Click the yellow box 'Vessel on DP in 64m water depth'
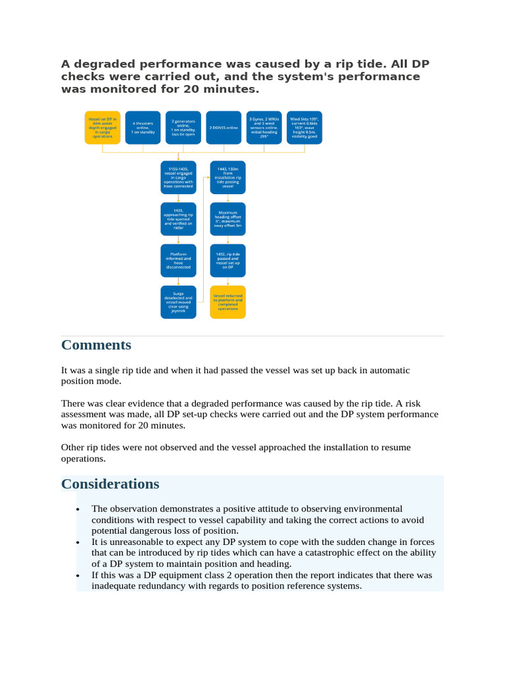pos(103,127)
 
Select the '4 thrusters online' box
pos(143,127)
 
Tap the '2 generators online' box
pos(183,127)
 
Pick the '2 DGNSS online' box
pos(224,127)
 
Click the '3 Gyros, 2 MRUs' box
pos(264,127)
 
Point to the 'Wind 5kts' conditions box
pos(305,127)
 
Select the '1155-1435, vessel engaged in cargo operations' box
pos(178,178)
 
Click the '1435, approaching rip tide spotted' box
pos(178,219)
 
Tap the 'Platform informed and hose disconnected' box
pos(178,261)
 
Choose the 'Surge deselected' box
pos(178,302)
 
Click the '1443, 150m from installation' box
pos(228,178)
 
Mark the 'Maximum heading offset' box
pos(228,219)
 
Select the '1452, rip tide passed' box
pos(228,261)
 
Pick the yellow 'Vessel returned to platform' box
pos(228,302)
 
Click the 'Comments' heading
pos(96,345)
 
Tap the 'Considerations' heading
pos(110,484)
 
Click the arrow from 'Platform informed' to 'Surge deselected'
pos(178,281)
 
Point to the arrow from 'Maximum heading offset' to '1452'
pos(228,240)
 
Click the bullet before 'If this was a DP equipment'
pos(78,575)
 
